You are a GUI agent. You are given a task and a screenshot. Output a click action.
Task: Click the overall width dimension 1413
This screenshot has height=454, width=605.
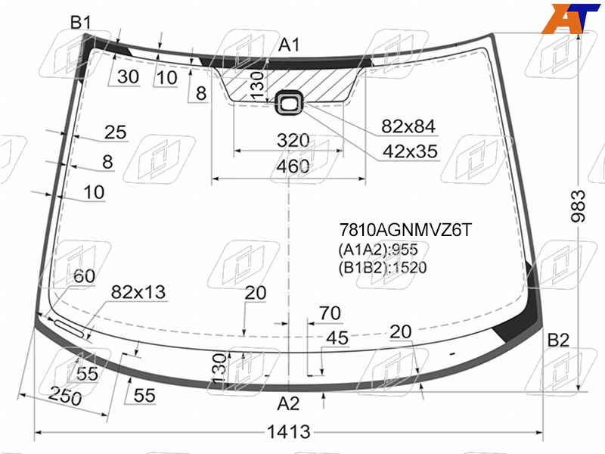(289, 432)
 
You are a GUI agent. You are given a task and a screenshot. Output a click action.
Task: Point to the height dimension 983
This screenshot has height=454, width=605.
(578, 206)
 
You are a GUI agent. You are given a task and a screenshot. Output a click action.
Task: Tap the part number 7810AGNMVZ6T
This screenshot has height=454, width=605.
(405, 230)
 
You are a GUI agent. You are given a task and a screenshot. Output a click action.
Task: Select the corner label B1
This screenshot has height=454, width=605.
(81, 23)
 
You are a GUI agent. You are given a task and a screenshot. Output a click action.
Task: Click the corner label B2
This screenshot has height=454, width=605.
(558, 340)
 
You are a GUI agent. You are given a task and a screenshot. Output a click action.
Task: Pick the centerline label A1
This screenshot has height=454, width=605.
(289, 45)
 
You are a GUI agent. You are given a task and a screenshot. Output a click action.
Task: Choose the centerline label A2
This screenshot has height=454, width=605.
(288, 404)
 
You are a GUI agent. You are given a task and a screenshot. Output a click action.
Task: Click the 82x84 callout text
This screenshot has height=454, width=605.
(408, 126)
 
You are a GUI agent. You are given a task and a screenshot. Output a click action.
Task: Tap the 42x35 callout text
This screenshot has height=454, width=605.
(410, 151)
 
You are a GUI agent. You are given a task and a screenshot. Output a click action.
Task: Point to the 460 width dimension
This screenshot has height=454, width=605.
(293, 166)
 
